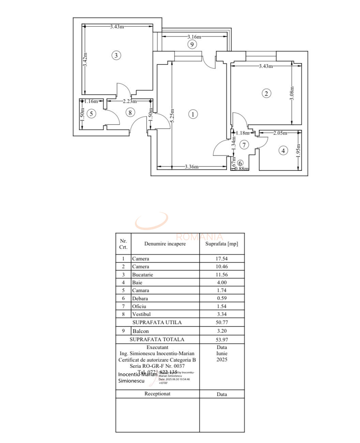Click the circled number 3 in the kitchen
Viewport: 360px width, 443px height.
tap(116, 55)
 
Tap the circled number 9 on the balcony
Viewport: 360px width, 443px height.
tap(192, 44)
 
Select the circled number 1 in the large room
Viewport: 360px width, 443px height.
tap(193, 114)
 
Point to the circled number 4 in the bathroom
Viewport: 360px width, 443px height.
tap(283, 150)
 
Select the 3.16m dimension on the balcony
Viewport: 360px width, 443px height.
tap(194, 37)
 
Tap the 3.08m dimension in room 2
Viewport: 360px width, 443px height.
tap(292, 93)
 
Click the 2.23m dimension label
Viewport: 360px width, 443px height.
tap(130, 101)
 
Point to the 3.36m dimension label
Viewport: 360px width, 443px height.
tap(192, 167)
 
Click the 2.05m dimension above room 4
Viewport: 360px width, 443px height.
tap(280, 133)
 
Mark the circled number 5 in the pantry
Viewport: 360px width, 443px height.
tap(91, 113)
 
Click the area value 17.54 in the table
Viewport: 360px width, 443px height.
tap(222, 259)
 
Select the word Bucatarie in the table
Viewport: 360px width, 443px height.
tap(142, 275)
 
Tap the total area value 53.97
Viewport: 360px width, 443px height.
tap(222, 340)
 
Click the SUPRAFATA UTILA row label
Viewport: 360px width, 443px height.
tap(157, 322)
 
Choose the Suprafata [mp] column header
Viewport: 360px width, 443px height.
tap(222, 244)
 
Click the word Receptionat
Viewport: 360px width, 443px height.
tap(157, 394)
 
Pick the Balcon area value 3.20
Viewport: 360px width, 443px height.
tap(222, 331)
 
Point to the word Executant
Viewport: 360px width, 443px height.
tap(157, 348)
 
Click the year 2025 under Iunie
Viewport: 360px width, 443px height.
tap(222, 360)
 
